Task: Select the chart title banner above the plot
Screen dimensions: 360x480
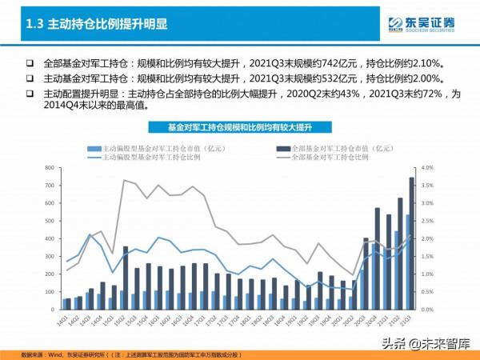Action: click(239, 127)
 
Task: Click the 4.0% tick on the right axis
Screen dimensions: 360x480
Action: click(426, 168)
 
